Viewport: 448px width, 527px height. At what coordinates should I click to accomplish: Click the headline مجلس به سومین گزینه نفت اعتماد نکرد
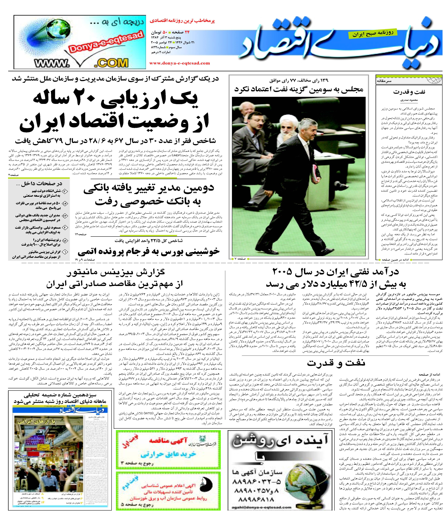tap(299, 89)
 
